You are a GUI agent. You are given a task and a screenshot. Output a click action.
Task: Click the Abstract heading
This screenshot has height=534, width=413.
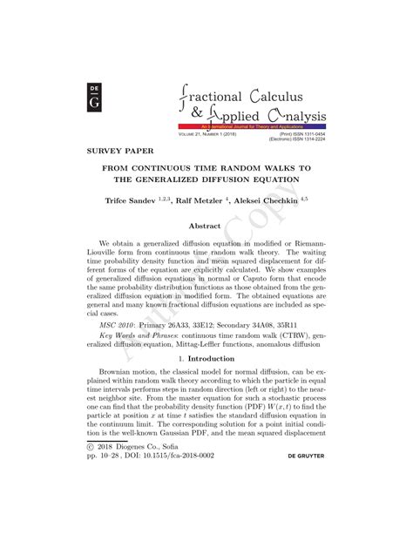206,226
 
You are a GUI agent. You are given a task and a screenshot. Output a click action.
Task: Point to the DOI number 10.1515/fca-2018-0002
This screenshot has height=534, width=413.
192,479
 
